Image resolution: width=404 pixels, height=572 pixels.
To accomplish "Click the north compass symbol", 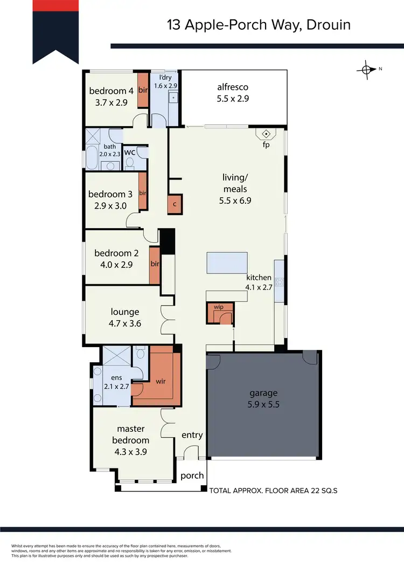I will [367, 69].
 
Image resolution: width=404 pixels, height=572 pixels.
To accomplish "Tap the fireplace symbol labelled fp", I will [266, 134].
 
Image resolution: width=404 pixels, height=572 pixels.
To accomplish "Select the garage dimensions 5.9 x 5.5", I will [263, 404].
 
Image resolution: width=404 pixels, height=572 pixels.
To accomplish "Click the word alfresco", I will [233, 87].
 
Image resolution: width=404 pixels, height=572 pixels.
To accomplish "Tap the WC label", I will [129, 153].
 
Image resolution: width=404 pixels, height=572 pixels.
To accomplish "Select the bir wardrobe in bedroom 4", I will [143, 90].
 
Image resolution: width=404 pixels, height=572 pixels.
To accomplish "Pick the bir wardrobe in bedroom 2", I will [155, 265].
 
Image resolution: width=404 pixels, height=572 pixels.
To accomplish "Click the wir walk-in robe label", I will [161, 381].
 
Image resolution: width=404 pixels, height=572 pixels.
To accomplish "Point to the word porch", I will [192, 475].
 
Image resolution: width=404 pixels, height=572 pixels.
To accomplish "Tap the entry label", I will [192, 435].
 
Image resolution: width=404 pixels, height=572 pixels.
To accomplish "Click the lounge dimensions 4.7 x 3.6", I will [125, 323].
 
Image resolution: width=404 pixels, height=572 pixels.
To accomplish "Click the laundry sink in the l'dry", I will [173, 98].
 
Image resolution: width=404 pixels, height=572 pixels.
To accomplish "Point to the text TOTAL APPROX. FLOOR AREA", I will [257, 491].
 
